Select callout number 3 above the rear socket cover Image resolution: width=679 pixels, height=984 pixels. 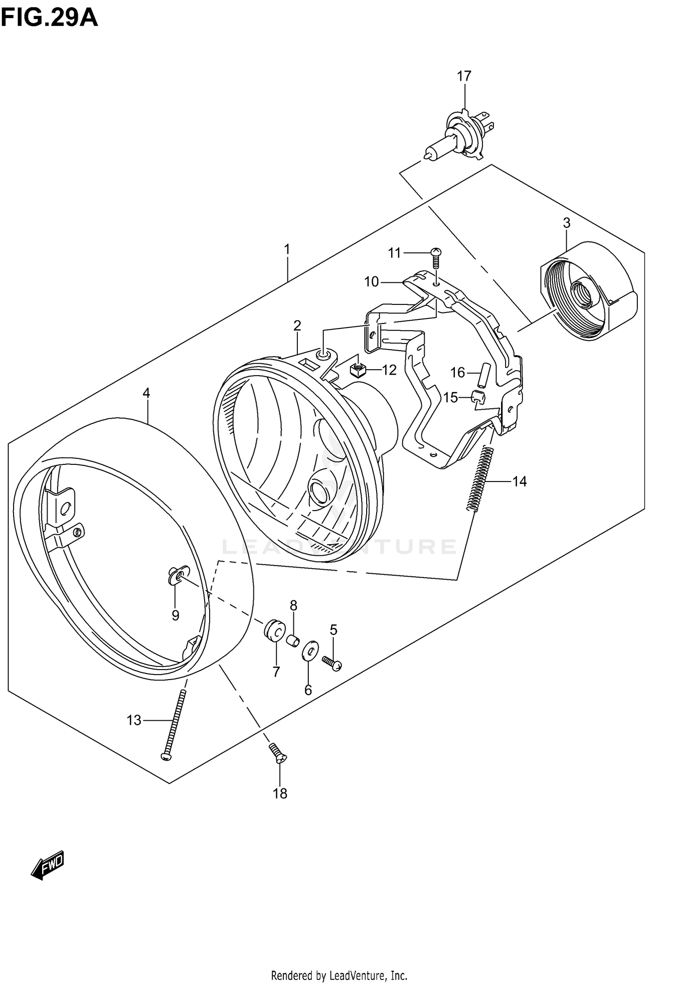click(x=566, y=223)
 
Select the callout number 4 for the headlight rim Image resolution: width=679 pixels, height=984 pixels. click(x=146, y=393)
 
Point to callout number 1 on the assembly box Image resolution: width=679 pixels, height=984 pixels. click(x=287, y=249)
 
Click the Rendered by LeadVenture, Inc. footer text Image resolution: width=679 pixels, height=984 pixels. click(x=339, y=974)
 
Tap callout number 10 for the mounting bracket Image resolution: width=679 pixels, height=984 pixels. click(x=371, y=282)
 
